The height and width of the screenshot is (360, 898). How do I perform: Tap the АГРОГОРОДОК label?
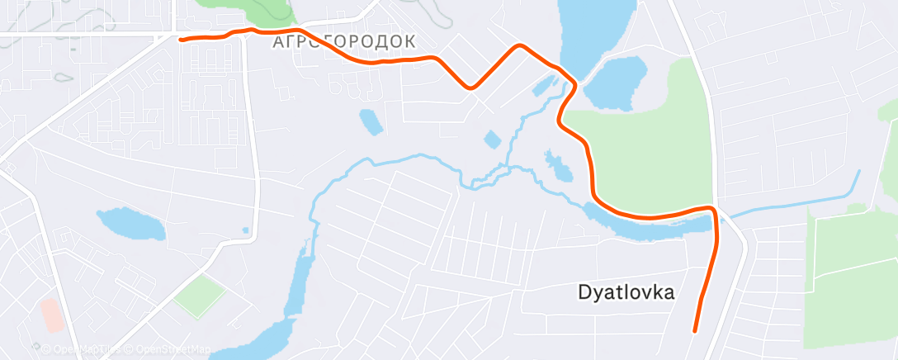coord(343,42)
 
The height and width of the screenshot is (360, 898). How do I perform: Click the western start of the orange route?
coord(182,39)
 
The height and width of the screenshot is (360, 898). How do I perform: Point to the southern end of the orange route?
coord(695,330)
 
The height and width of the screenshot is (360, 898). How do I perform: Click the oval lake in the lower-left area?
coord(131,223)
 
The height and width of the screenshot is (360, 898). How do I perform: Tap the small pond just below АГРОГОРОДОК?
coord(371,121)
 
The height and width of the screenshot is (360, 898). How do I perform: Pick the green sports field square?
coord(199,296)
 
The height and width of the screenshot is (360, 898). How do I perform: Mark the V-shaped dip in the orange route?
coord(470,86)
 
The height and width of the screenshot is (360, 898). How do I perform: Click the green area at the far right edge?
coord(850,272)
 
